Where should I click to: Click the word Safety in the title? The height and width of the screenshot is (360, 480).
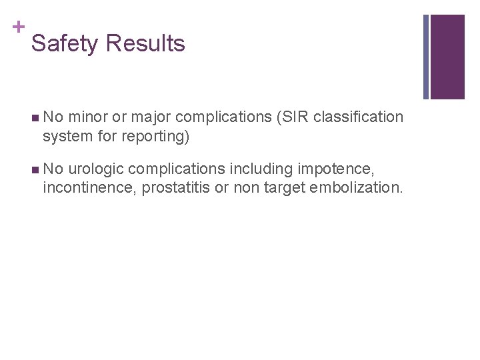click(x=65, y=44)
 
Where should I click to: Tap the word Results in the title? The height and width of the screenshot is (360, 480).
click(x=145, y=44)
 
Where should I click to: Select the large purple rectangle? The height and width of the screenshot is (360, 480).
click(x=447, y=57)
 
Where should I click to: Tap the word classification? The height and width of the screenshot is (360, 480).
click(x=358, y=117)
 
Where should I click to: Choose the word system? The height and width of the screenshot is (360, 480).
click(x=65, y=137)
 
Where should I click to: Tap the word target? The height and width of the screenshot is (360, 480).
click(x=283, y=189)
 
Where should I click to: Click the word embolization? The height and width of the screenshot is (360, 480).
click(x=356, y=189)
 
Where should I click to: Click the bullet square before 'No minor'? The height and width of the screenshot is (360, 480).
click(x=35, y=118)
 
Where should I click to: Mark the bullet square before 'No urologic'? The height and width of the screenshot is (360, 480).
click(x=35, y=170)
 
